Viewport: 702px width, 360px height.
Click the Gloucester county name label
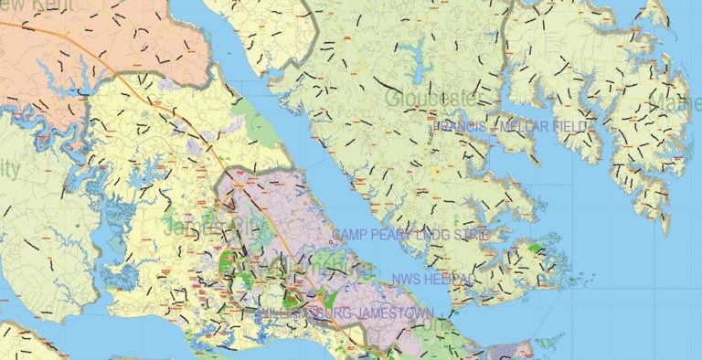(x=432, y=98)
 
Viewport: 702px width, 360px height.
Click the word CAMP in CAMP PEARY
(x=350, y=236)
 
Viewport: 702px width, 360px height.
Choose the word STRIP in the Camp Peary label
(x=470, y=236)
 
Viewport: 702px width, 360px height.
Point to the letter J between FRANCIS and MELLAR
(x=493, y=127)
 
